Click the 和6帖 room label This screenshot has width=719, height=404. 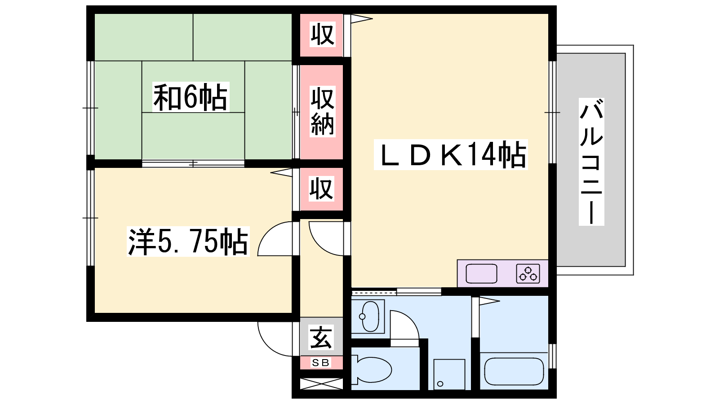coord(191,97)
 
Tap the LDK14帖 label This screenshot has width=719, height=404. coord(451,154)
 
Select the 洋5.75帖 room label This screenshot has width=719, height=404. coord(188,242)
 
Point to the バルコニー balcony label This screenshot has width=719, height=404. coord(591,162)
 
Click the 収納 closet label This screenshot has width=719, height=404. coord(322,111)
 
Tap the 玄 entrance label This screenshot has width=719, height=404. coord(321,337)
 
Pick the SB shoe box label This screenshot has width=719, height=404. coord(321,363)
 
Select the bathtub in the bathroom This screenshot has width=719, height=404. coord(514,371)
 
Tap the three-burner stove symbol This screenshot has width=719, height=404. coord(528,273)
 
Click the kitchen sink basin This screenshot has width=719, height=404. coord(481,273)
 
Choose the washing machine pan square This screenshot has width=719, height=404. coord(449,374)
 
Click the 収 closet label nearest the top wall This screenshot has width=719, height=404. coord(323,34)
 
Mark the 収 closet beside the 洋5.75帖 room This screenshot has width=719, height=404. coord(321,189)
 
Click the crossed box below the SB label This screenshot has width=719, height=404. coord(321,384)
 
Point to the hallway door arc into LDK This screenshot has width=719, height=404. coord(320,245)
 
